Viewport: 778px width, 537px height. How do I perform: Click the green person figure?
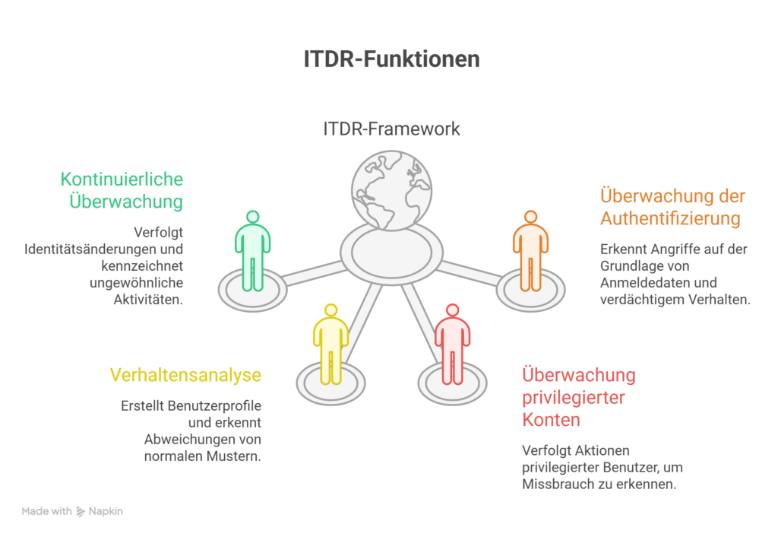click(252, 251)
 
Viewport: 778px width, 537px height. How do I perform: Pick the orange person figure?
click(530, 251)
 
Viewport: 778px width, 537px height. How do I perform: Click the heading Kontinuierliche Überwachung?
click(122, 190)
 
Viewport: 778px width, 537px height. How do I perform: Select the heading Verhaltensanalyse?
click(185, 374)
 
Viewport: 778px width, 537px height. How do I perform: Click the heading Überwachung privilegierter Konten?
click(579, 397)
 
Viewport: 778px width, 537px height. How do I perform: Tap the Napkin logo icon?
click(81, 512)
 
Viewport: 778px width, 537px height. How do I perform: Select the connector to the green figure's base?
click(314, 271)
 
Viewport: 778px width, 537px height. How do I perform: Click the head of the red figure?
click(452, 310)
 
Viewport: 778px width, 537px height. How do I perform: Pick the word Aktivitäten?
click(143, 299)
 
